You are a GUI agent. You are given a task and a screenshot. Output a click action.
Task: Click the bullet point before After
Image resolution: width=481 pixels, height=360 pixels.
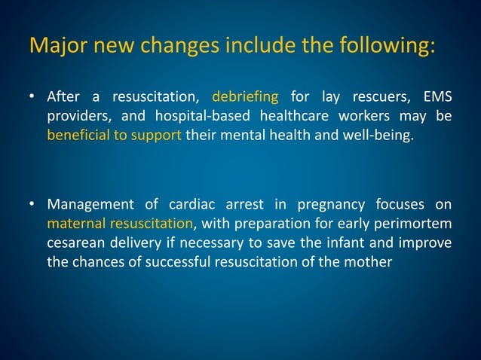click(33, 97)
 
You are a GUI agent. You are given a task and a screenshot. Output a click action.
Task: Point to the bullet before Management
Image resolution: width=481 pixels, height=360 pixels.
click(33, 206)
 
